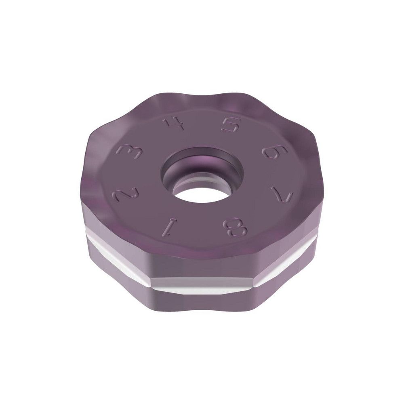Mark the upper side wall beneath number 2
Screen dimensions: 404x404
click(x=109, y=226)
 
